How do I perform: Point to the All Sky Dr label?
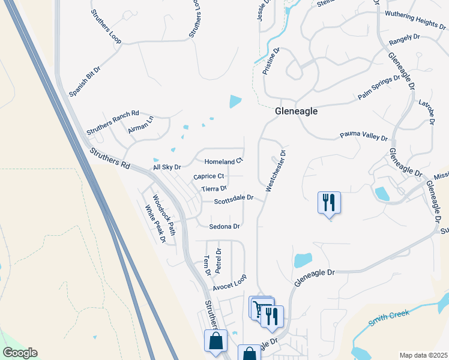167,167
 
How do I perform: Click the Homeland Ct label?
223,161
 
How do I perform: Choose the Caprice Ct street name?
208,176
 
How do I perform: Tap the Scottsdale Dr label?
234,197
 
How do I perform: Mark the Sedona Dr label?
224,227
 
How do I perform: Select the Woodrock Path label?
163,215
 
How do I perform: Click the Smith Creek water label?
388,317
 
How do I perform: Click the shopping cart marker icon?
260,308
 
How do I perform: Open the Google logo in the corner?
19,353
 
